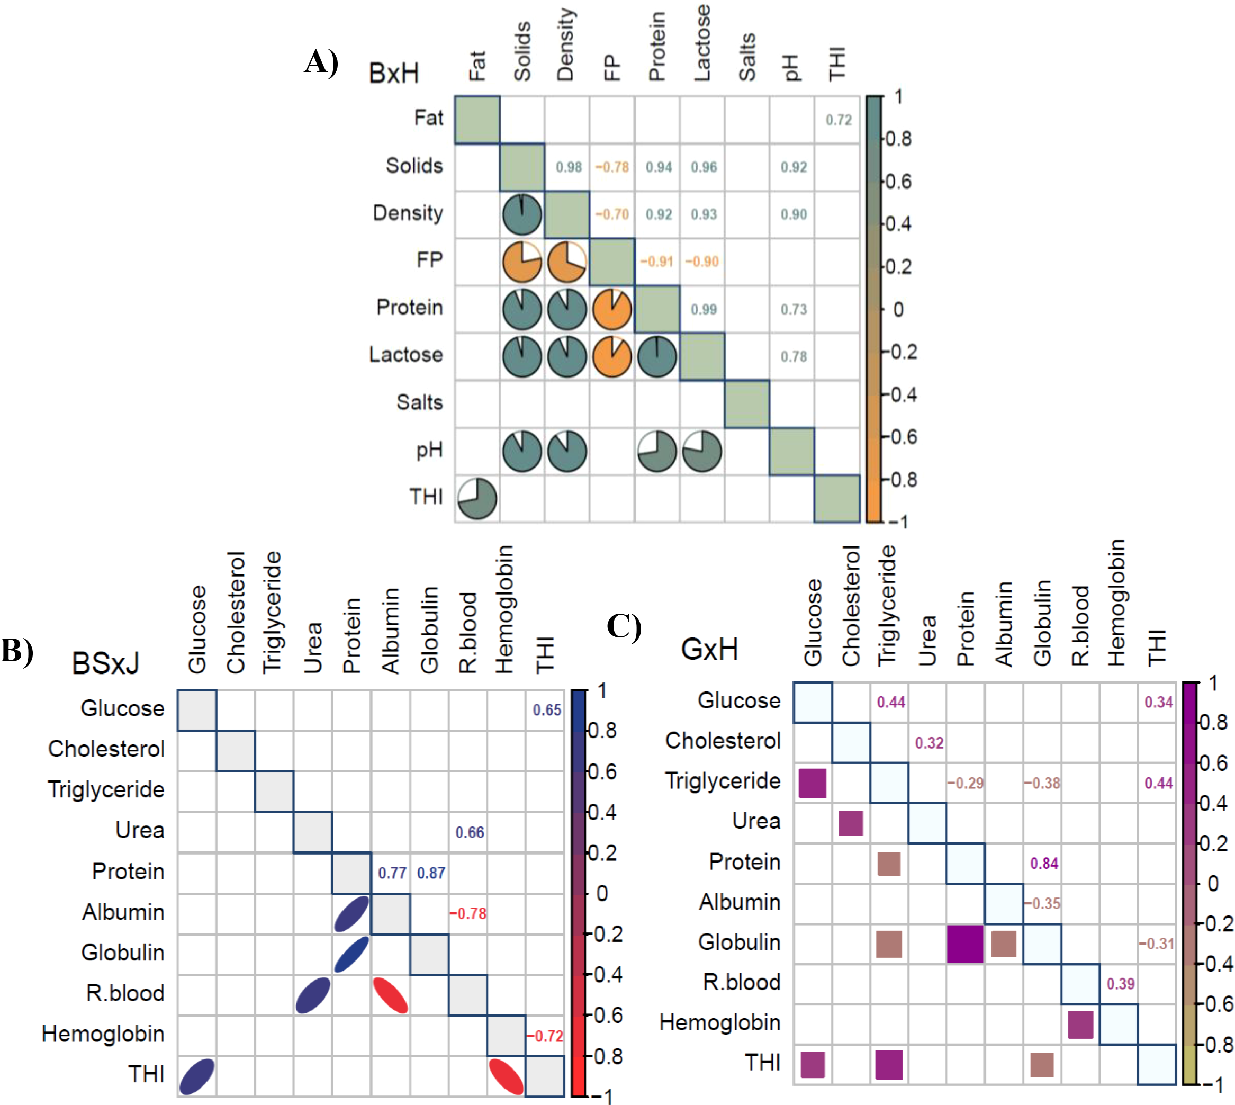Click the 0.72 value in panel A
(x=838, y=120)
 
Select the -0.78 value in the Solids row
(x=612, y=167)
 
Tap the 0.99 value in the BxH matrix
(x=704, y=310)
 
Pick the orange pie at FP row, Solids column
(x=522, y=262)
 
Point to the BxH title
(x=394, y=74)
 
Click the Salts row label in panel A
(x=419, y=402)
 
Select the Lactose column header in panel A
(x=702, y=42)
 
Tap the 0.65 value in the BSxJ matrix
(x=547, y=709)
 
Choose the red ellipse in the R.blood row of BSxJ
(x=390, y=995)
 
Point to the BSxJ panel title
(x=105, y=663)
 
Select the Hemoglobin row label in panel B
(x=103, y=1034)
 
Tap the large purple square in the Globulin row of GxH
(x=965, y=944)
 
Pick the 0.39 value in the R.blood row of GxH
(x=1120, y=984)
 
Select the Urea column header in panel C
(x=927, y=641)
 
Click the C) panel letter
(x=624, y=626)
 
